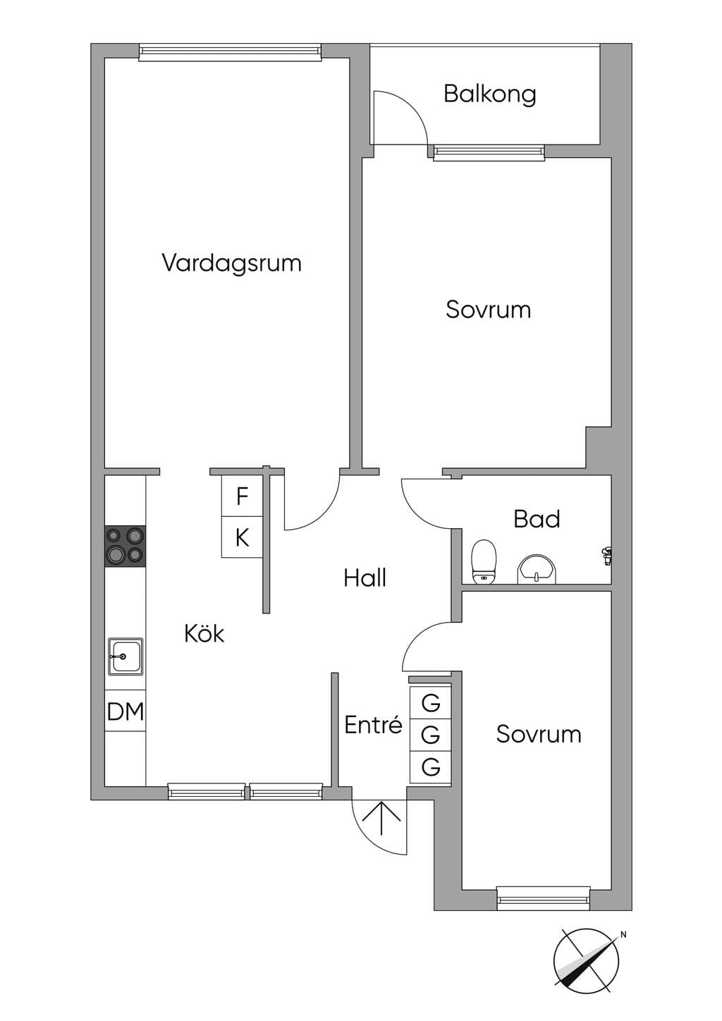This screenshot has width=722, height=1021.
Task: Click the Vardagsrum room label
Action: [x=231, y=264]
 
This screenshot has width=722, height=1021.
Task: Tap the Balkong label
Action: [x=489, y=94]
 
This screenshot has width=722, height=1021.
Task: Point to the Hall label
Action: [x=365, y=577]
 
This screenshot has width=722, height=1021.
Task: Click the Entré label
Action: [x=373, y=724]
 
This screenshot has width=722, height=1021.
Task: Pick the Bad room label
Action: [x=537, y=519]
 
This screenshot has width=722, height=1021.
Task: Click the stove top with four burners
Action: [x=126, y=546]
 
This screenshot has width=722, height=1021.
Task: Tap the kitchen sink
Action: [x=126, y=656]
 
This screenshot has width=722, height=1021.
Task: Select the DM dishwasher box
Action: [x=126, y=711]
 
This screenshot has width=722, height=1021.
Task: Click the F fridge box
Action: [x=242, y=496]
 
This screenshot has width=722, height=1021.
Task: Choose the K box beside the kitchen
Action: [x=242, y=537]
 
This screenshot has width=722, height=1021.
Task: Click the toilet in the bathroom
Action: [x=484, y=561]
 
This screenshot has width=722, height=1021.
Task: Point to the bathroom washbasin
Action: [x=537, y=569]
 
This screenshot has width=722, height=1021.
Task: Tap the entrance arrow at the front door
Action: [x=381, y=817]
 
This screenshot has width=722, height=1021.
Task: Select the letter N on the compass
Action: [x=623, y=934]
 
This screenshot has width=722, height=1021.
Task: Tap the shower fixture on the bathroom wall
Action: [x=606, y=556]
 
